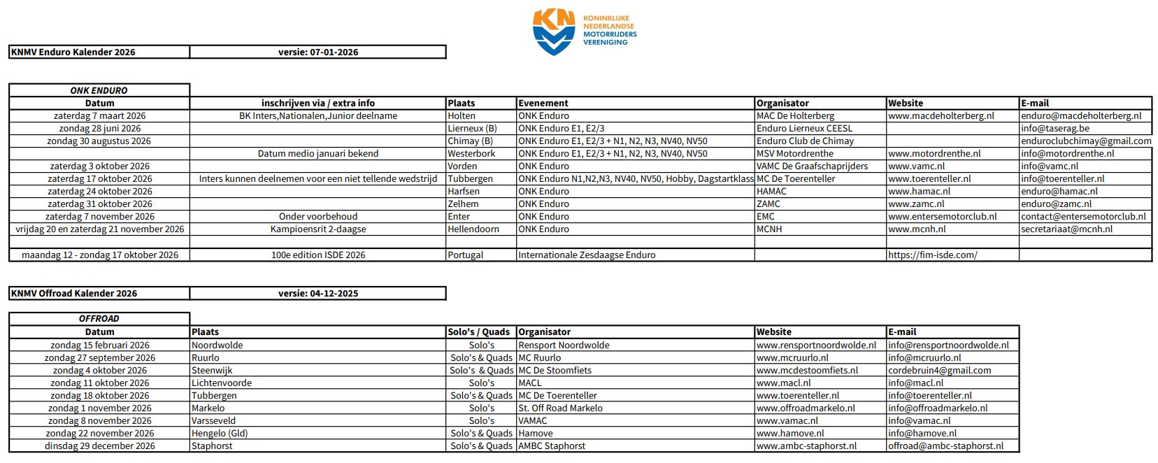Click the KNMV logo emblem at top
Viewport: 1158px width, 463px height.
[553, 31]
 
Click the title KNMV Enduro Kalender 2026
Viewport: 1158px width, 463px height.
[73, 52]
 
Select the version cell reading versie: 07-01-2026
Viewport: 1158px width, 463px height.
[318, 52]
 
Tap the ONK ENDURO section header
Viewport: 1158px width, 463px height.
[99, 90]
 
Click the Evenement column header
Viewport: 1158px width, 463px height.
[543, 103]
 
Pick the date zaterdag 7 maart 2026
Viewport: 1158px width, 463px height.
[100, 115]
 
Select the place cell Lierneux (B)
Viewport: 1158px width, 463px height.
[472, 128]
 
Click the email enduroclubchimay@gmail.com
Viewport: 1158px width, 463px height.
[1086, 141]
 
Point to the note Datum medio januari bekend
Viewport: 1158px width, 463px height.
[318, 153]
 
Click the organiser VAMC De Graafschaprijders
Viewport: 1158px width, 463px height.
[812, 166]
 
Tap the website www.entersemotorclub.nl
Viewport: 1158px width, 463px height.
[943, 216]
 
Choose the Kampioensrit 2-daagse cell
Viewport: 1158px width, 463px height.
[318, 229]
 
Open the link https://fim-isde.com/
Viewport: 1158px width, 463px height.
[933, 255]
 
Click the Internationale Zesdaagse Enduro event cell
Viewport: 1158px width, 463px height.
[587, 255]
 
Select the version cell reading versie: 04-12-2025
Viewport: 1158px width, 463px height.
[318, 293]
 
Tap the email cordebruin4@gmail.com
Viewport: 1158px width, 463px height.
[940, 370]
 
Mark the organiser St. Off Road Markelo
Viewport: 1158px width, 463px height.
[560, 408]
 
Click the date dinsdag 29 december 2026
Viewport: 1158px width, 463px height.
[100, 446]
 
